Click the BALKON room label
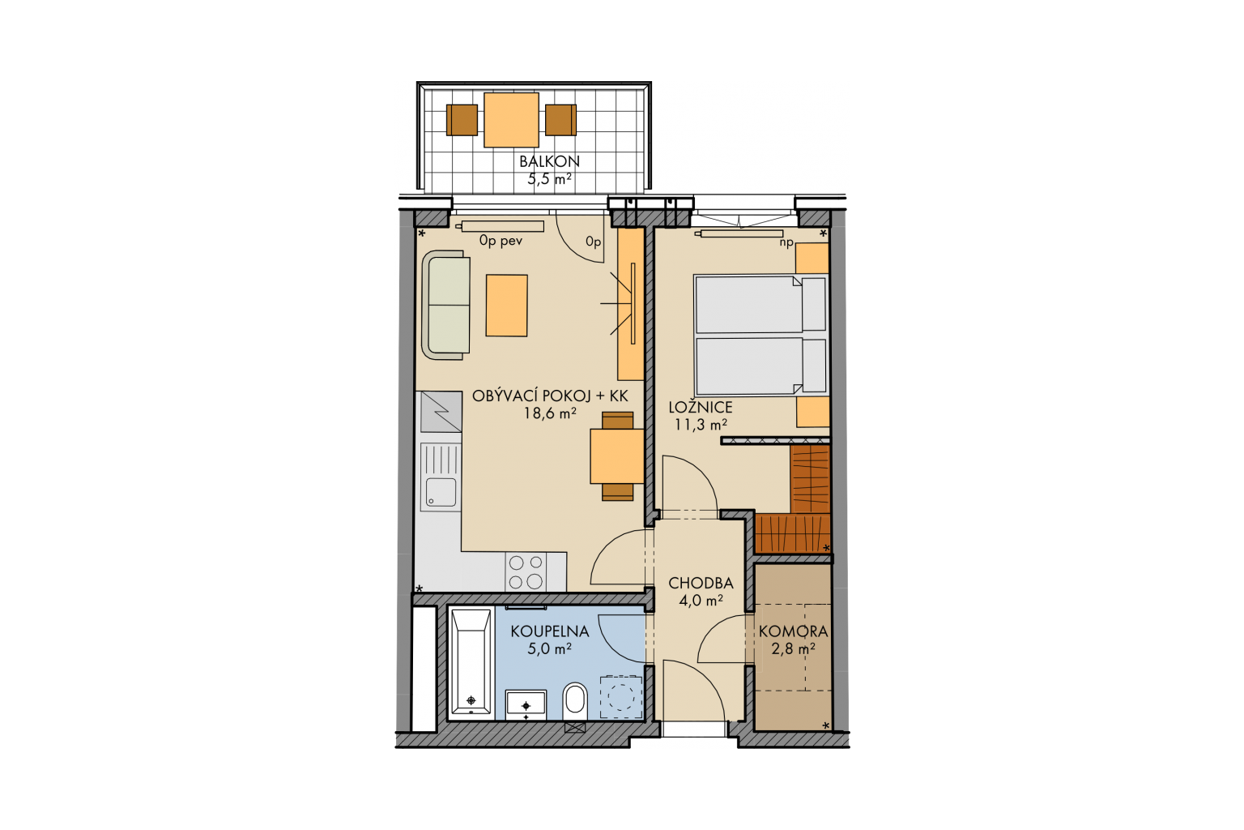549,161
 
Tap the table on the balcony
511,120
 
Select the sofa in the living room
446,305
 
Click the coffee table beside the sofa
506,306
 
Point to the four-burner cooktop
526,572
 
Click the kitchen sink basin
441,493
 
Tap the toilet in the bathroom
575,701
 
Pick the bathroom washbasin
526,705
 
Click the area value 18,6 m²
549,413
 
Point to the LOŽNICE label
701,407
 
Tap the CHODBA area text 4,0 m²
701,601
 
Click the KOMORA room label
793,631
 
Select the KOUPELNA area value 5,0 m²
549,648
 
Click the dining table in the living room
617,456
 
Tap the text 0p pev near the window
501,242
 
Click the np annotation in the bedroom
786,242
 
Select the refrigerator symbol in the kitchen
441,412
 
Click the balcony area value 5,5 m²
549,179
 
